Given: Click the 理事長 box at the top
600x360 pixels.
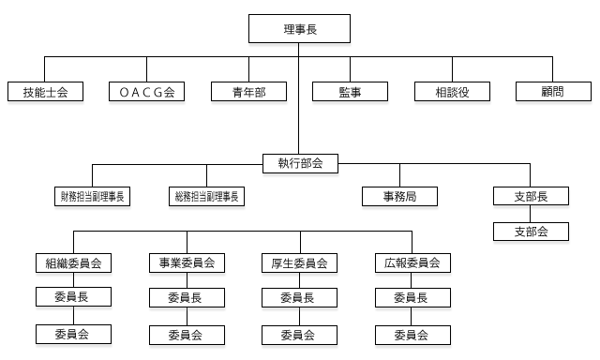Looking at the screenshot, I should tap(300, 30).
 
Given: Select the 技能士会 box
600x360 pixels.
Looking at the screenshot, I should tap(45, 91).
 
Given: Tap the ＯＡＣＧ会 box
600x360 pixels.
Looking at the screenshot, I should tap(147, 91).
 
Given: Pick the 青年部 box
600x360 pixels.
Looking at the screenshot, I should tap(248, 91).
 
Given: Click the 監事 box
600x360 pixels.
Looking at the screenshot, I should tap(350, 91).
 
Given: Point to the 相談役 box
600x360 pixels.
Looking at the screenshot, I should tap(452, 91).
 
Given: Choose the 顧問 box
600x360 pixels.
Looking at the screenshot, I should tap(553, 91).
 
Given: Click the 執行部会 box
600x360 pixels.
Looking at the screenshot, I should tap(300, 163).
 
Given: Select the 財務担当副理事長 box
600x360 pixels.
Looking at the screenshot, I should tap(93, 196).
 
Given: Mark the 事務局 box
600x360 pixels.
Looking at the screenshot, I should tap(400, 196).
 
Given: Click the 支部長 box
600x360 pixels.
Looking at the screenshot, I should tap(531, 196).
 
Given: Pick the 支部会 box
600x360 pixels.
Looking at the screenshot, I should tap(531, 231).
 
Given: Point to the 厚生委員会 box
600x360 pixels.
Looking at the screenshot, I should tap(299, 263).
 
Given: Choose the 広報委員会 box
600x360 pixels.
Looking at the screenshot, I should tap(412, 263).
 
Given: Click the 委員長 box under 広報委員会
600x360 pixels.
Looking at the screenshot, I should tap(412, 298).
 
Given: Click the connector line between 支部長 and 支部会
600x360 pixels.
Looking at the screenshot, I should tap(531, 214).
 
